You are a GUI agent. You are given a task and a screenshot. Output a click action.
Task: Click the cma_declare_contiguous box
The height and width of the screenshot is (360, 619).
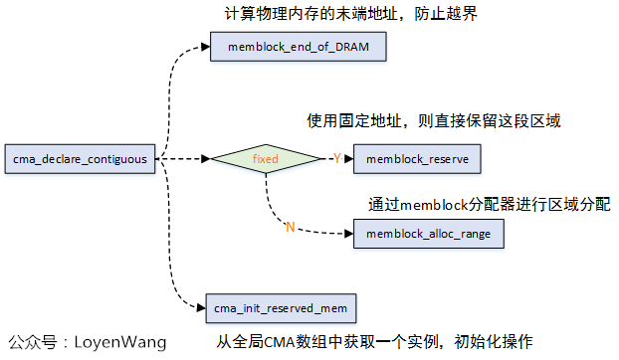pos(80,158)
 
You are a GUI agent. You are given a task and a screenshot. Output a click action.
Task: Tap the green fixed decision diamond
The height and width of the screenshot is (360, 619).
pos(265,158)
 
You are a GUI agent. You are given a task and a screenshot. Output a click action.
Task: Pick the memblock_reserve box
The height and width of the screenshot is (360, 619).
pos(418,158)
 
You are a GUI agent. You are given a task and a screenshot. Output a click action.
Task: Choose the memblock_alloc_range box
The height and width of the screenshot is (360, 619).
pos(428,234)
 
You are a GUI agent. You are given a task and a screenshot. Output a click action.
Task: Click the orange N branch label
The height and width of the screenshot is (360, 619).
pos(291,228)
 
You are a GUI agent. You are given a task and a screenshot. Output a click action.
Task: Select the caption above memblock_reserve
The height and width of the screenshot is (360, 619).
pos(434,121)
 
